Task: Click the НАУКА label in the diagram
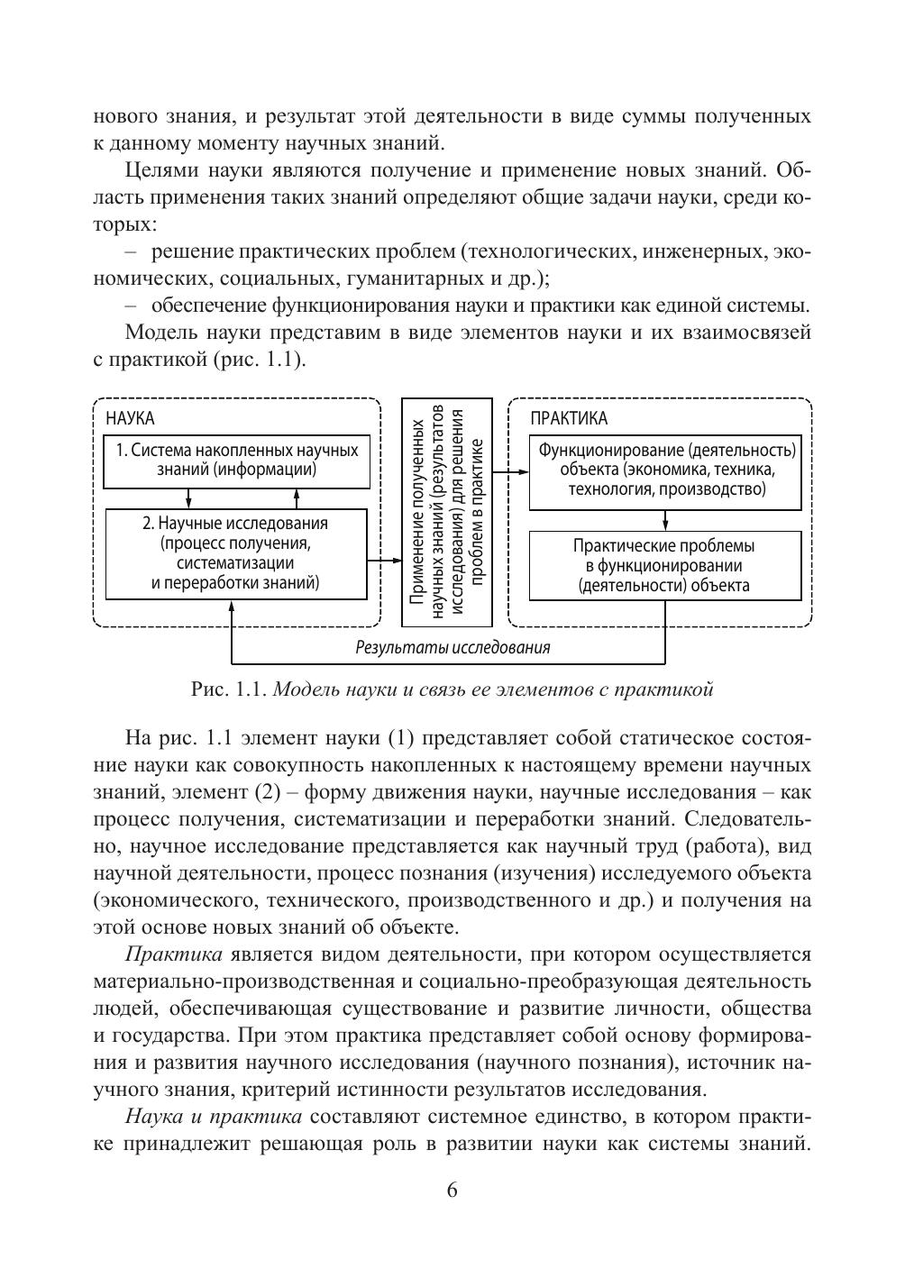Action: coord(130,418)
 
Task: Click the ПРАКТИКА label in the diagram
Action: coord(568,418)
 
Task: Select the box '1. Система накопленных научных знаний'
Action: coord(237,460)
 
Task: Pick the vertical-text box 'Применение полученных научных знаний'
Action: coord(447,512)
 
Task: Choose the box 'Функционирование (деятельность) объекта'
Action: coord(665,470)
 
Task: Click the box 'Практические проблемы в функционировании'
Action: coord(665,565)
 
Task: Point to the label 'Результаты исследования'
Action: coord(452,647)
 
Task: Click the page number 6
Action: coord(452,1190)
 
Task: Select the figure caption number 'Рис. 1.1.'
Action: coord(229,690)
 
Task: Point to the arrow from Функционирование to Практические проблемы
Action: coord(665,520)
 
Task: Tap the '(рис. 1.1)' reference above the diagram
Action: coord(258,360)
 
